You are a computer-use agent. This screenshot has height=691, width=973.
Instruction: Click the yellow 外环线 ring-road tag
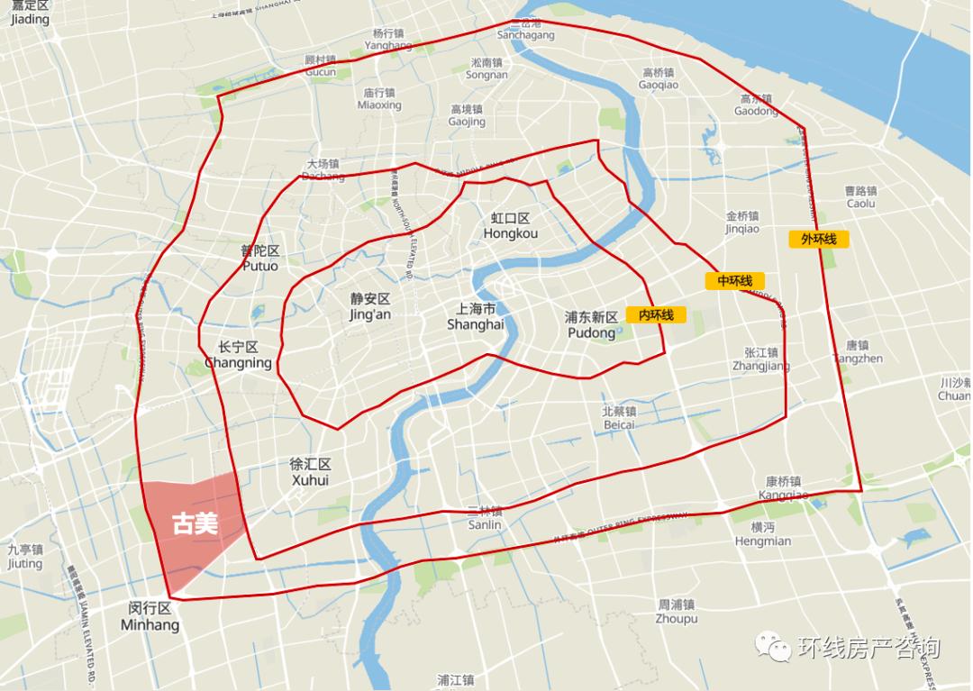pyautogui.click(x=819, y=239)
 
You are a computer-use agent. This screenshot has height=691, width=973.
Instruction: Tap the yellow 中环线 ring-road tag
pyautogui.click(x=734, y=281)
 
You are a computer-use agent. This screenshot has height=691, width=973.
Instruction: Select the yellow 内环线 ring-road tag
pyautogui.click(x=656, y=314)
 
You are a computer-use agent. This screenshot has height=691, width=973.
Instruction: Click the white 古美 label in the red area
pyautogui.click(x=196, y=524)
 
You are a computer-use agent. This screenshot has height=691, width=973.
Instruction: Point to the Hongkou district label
pyautogui.click(x=511, y=226)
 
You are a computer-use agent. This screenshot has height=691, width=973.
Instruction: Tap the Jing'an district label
pyautogui.click(x=370, y=306)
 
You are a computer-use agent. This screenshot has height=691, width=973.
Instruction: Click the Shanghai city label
pyautogui.click(x=475, y=316)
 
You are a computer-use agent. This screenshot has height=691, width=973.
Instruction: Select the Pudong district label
pyautogui.click(x=591, y=325)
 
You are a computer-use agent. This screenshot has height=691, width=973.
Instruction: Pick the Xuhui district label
pyautogui.click(x=310, y=472)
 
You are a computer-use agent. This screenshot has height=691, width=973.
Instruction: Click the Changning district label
pyautogui.click(x=238, y=355)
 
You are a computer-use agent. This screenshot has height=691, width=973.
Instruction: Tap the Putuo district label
pyautogui.click(x=260, y=259)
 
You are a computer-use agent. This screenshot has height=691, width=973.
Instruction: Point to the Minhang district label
pyautogui.click(x=150, y=616)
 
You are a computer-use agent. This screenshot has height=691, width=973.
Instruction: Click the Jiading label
pyautogui.click(x=30, y=13)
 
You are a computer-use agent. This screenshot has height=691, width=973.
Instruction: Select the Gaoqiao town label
pyautogui.click(x=659, y=78)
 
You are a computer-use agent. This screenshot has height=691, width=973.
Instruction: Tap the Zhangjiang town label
pyautogui.click(x=761, y=359)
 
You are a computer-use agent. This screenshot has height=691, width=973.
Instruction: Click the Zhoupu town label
pyautogui.click(x=677, y=612)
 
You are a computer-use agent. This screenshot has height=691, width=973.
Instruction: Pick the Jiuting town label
pyautogui.click(x=24, y=556)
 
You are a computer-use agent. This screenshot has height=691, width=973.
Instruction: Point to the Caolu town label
pyautogui.click(x=860, y=197)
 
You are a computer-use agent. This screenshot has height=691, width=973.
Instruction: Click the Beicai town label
pyautogui.click(x=619, y=417)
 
